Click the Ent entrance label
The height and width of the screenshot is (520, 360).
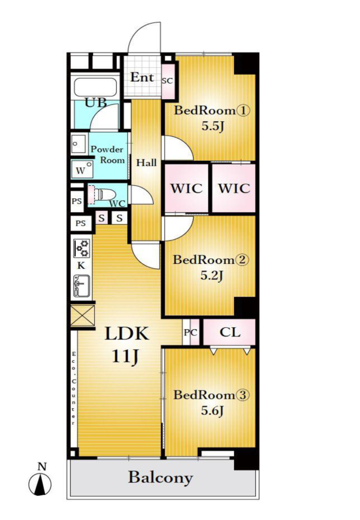tap(142, 77)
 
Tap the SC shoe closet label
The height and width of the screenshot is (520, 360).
tap(167, 81)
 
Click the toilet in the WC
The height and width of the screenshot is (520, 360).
tap(101, 194)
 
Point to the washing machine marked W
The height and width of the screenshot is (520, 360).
tap(82, 169)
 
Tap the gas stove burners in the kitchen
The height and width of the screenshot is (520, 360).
tap(82, 248)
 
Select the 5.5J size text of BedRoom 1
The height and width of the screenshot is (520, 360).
tap(213, 126)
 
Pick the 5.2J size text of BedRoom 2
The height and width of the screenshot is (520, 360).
tap(212, 275)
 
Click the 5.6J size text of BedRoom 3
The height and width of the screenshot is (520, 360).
tap(212, 411)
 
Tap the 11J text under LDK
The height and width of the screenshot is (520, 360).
tap(125, 356)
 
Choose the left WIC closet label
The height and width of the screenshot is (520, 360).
tap(187, 188)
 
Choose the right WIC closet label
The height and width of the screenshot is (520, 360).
tap(234, 188)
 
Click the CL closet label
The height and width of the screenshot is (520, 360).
tap(230, 332)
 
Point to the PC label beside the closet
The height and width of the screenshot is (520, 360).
tap(191, 332)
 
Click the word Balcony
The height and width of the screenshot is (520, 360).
tap(160, 478)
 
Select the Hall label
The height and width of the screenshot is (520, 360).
tap(147, 163)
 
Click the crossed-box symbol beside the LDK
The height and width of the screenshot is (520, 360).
tap(82, 316)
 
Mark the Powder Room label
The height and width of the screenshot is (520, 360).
tap(108, 154)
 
